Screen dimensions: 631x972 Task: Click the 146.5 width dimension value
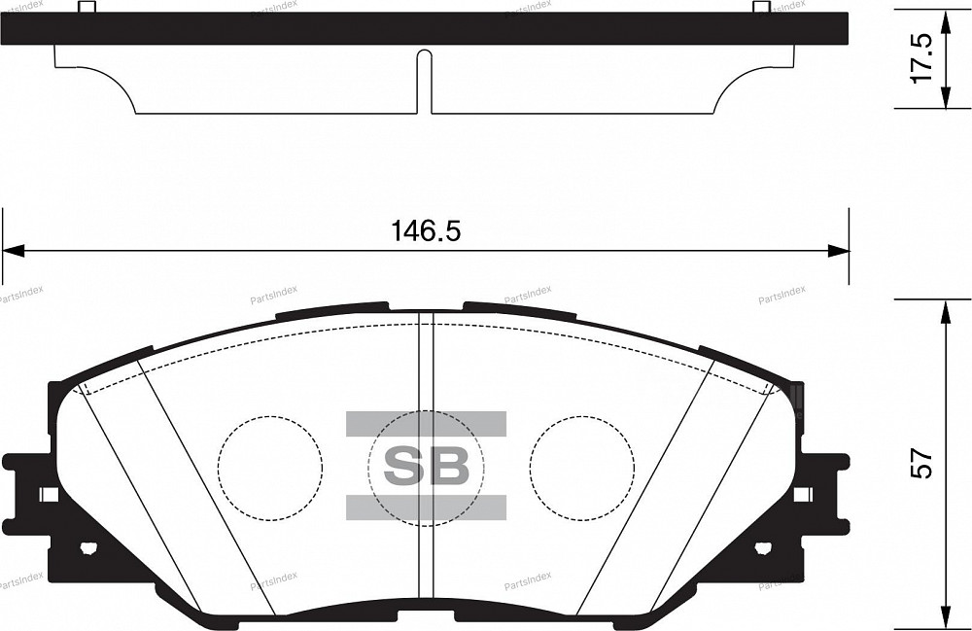(x=425, y=231)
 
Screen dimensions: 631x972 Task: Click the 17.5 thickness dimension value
(x=921, y=57)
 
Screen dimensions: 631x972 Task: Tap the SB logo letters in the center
(x=426, y=466)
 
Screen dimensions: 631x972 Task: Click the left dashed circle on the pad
(x=269, y=468)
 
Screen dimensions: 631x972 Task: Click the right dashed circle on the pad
(x=582, y=468)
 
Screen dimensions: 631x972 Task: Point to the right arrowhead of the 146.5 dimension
(x=839, y=252)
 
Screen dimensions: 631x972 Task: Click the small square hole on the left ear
(x=48, y=494)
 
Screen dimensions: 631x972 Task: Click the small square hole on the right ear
(x=802, y=494)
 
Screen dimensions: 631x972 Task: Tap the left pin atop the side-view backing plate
(x=86, y=8)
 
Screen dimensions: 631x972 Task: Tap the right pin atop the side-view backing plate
(x=761, y=8)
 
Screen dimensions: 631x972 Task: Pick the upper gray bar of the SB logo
(x=426, y=422)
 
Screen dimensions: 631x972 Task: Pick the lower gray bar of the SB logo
(x=426, y=507)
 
